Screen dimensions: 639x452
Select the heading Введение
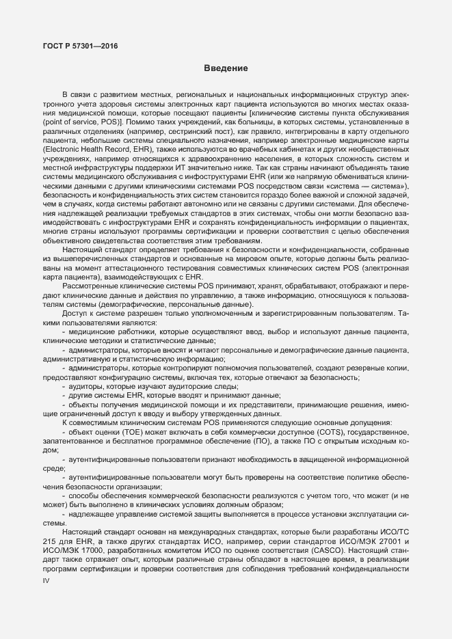[226, 68]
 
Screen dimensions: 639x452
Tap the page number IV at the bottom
[46, 580]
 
